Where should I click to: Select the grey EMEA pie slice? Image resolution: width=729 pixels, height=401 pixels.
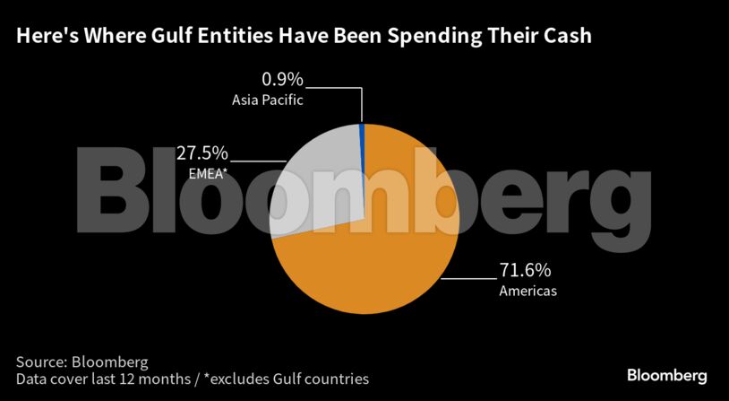(x=318, y=179)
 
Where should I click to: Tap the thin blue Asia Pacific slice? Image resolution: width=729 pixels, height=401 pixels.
(x=362, y=133)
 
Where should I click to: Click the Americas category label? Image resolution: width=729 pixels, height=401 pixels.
(x=528, y=291)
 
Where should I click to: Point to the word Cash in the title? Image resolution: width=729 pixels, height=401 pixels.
(x=562, y=37)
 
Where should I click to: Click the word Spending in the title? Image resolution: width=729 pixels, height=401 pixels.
(x=415, y=37)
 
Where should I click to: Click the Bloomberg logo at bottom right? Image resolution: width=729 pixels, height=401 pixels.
(x=666, y=375)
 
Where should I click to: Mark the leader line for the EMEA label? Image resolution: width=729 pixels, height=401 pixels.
(x=260, y=161)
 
